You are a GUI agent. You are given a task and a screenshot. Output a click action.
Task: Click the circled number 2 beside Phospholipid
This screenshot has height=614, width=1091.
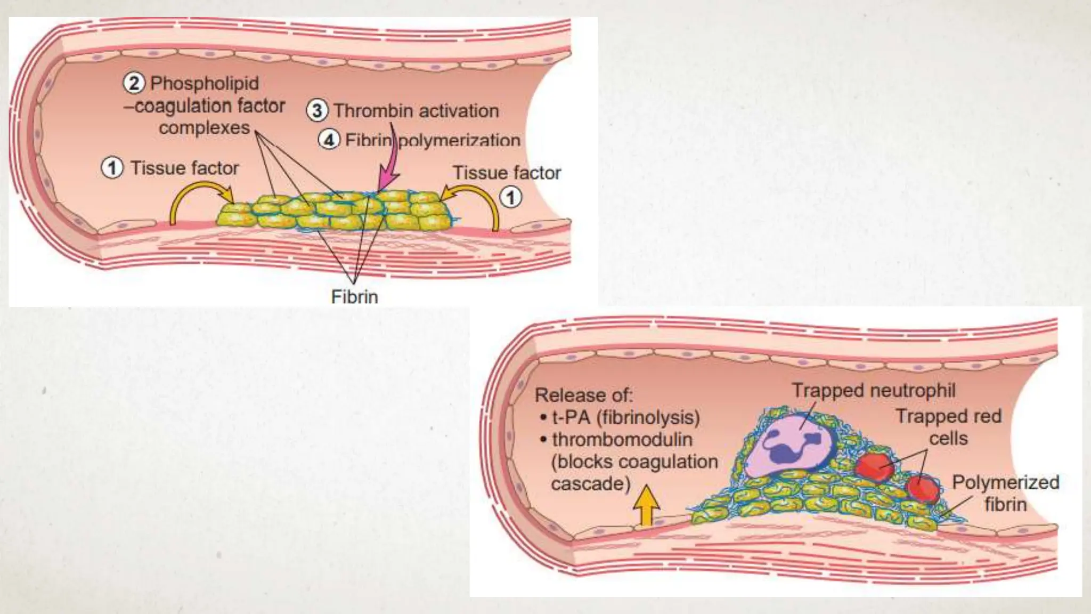click(x=134, y=83)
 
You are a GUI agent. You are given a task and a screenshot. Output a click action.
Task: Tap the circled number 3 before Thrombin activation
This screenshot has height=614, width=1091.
click(x=317, y=111)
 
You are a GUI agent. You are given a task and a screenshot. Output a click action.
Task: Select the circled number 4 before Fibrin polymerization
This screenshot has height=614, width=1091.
click(x=329, y=140)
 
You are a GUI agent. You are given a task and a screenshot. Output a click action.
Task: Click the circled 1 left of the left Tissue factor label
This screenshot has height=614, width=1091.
click(x=112, y=168)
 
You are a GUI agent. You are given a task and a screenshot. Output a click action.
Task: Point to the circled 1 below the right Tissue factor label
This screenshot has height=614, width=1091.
click(x=510, y=198)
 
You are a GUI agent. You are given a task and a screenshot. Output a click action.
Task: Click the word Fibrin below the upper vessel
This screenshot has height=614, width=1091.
click(x=354, y=296)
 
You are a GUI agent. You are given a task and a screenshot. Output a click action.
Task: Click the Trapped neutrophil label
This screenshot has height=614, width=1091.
click(x=873, y=390)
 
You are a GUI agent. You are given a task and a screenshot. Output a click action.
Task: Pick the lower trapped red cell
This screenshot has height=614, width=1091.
click(x=923, y=488)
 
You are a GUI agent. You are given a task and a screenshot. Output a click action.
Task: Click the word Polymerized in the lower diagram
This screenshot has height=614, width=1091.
click(x=1005, y=482)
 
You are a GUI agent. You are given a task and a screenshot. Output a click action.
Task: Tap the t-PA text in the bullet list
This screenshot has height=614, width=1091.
click(x=571, y=417)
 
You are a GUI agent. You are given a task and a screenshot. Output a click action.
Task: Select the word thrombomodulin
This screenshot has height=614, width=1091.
click(x=622, y=440)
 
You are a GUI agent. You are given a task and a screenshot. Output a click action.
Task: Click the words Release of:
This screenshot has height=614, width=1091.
click(x=583, y=395)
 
